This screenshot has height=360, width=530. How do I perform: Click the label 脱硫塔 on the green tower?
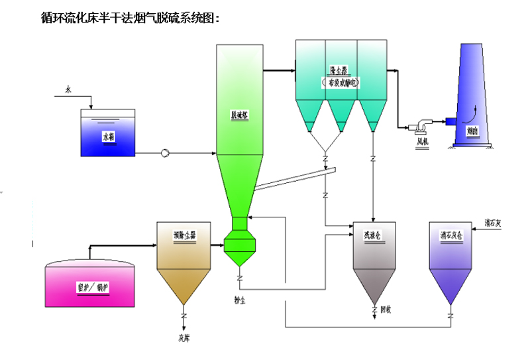238,114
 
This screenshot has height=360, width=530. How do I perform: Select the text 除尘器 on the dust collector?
339,70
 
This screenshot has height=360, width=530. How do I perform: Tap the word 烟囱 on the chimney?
473,131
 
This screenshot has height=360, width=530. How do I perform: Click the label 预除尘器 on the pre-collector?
184,235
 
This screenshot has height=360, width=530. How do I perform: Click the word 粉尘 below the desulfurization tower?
240,299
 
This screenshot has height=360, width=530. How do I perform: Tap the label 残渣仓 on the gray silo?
373,235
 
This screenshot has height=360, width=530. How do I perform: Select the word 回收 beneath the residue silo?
386,310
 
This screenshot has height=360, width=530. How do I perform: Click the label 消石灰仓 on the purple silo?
450,235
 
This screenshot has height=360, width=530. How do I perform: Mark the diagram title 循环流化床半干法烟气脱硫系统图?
130,18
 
